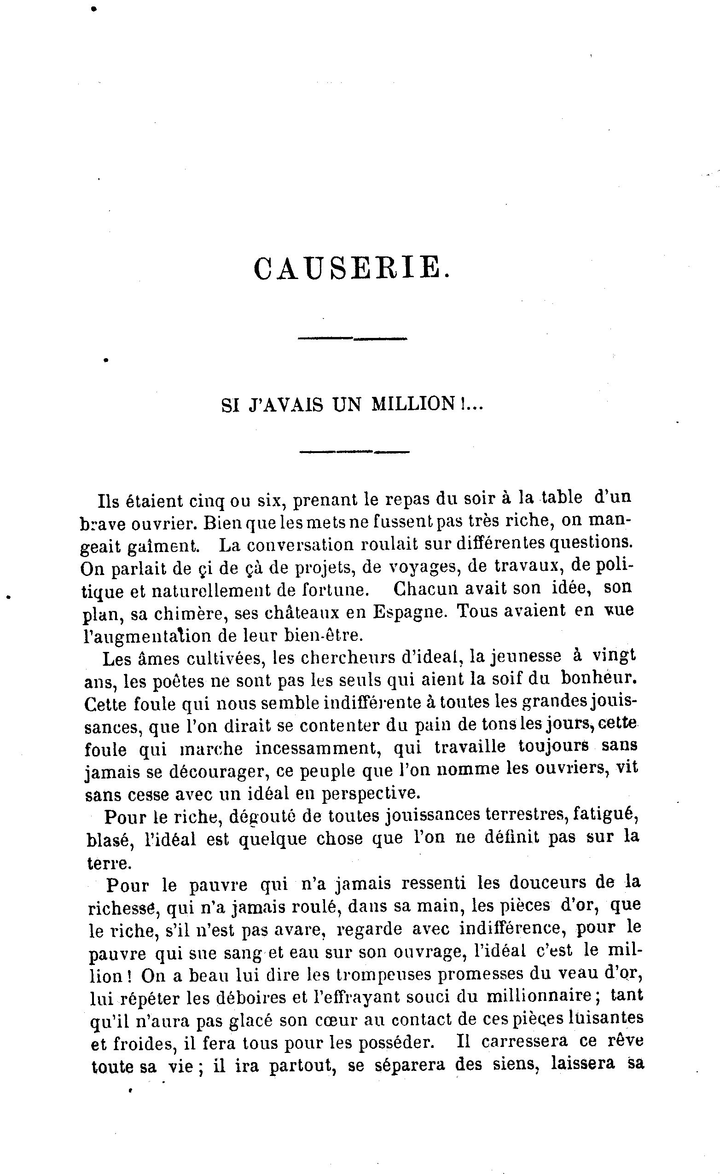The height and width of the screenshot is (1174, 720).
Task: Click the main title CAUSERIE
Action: click(351, 268)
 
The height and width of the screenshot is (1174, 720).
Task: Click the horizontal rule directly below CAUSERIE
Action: click(352, 338)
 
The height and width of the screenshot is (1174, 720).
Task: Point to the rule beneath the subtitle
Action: click(354, 451)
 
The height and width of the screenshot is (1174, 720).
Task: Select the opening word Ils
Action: click(107, 501)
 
